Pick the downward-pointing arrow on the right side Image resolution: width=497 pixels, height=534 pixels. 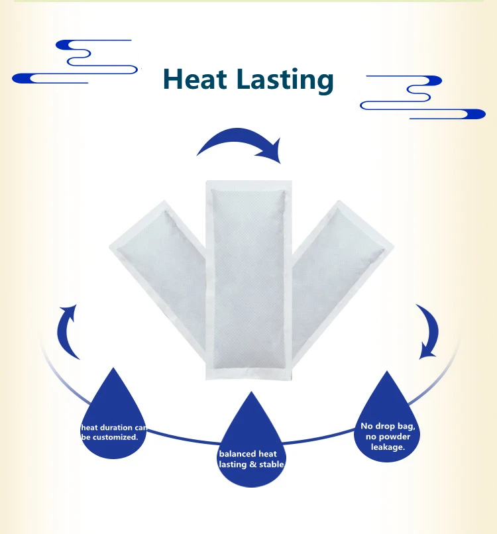coord(426,331)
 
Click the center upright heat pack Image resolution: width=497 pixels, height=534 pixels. coord(248,278)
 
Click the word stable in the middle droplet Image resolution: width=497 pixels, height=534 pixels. coord(272,464)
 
